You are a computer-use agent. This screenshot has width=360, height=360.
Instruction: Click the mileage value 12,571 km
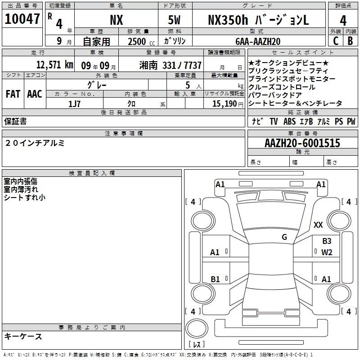click(55, 65)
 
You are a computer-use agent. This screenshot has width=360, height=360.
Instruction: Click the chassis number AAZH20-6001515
click(302, 144)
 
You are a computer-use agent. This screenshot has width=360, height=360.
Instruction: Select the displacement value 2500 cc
click(138, 41)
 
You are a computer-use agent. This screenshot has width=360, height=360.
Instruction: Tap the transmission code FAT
click(13, 94)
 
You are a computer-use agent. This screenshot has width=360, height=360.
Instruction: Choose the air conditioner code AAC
click(35, 94)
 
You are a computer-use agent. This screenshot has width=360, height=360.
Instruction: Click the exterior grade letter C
click(335, 41)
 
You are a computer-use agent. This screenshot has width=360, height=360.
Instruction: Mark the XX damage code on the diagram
click(318, 225)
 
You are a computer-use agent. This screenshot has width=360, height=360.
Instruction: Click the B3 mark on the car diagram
click(327, 241)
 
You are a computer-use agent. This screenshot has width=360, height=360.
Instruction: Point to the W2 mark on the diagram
click(327, 252)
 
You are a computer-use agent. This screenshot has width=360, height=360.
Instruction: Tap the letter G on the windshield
click(284, 237)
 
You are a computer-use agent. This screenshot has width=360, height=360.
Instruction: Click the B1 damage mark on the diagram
click(215, 279)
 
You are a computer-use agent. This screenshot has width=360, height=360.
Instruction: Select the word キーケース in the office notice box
click(23, 336)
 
